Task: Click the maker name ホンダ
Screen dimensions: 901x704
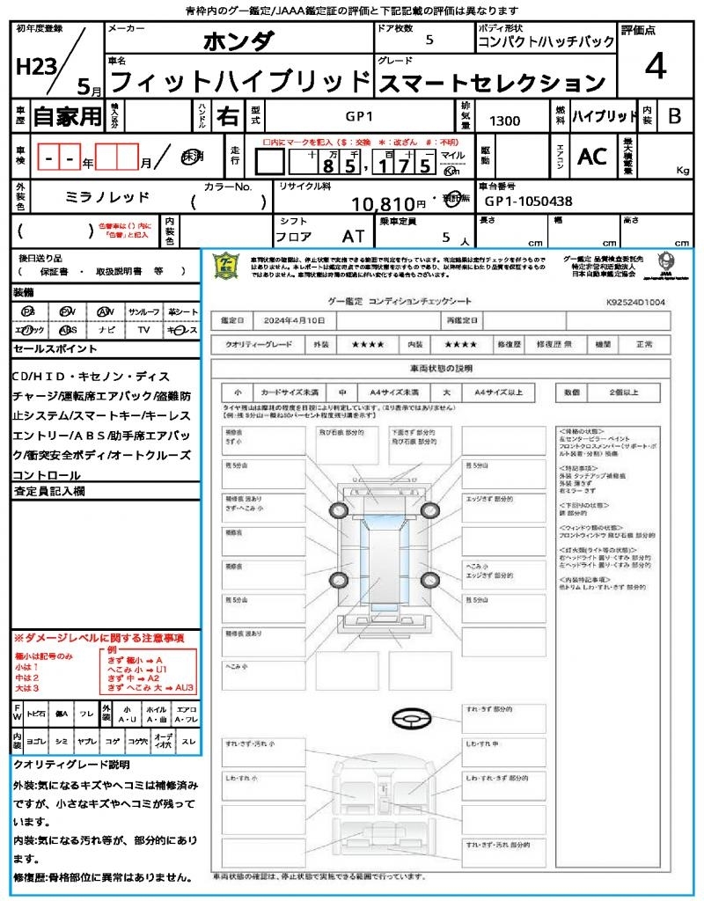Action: point(238,41)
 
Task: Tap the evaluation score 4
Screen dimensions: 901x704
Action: point(655,67)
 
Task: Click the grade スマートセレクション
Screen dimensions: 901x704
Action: point(492,84)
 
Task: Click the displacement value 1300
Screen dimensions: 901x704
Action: point(504,121)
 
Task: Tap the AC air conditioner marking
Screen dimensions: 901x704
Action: point(592,157)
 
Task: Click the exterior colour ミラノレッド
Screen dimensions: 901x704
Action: point(108,197)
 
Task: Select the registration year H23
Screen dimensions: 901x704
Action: point(34,67)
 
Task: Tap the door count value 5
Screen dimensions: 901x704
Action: point(429,40)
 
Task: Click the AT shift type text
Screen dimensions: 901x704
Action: point(353,237)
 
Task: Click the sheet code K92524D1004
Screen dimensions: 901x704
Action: point(635,302)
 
